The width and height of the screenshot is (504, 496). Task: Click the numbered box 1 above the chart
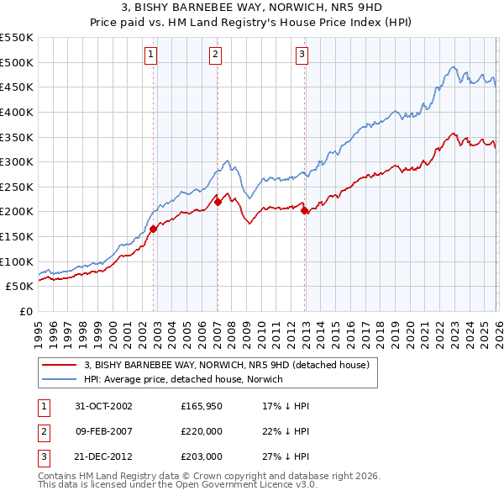click(x=150, y=55)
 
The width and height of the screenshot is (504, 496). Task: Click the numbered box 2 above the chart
click(x=215, y=55)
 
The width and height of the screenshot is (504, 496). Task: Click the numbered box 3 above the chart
click(x=302, y=55)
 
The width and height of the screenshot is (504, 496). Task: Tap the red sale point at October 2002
click(x=154, y=229)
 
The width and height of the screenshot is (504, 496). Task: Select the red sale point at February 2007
click(x=218, y=202)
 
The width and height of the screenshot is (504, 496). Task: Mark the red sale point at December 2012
click(x=304, y=210)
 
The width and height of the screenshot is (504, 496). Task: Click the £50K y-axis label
click(x=20, y=287)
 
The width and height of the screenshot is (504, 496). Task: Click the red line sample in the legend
click(x=60, y=365)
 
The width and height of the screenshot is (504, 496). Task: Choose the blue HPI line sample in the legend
click(x=60, y=379)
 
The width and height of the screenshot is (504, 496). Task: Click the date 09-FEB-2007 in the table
click(x=104, y=431)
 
